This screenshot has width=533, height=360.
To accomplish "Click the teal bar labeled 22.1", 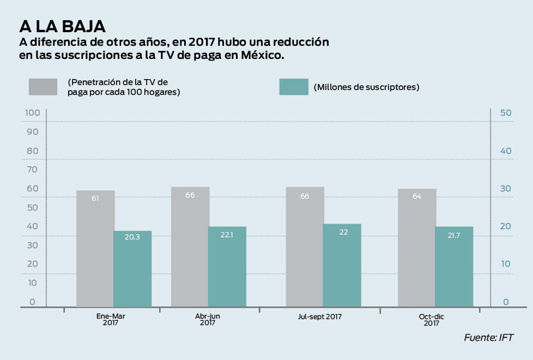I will coord(227,267).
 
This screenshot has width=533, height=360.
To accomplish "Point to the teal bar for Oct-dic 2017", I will coord(454,267).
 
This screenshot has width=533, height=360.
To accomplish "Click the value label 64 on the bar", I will coord(417,196).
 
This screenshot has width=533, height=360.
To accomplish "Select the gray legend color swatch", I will coord(43,87).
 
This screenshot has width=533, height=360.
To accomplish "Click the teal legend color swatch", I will coord(294,87).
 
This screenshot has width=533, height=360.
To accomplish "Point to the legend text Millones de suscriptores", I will coord(366,87).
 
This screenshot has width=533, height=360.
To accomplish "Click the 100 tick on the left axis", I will coord(33,113).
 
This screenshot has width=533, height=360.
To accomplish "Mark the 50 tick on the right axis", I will coord(505,113).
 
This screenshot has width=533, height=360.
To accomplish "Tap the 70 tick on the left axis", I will coord(33,170).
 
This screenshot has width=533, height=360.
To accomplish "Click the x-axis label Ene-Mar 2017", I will coord(110,319).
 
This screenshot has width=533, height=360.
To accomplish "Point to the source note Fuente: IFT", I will coord(489,338).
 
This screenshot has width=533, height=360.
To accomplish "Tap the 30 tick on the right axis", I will coord(505,189).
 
